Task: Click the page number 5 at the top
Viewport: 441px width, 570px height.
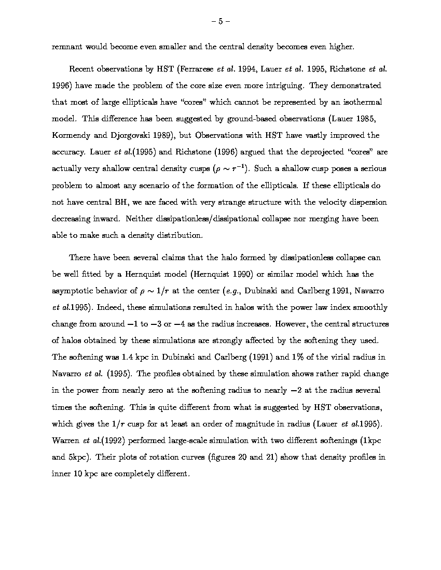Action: (220, 22)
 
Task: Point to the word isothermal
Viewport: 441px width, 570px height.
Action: (361, 102)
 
